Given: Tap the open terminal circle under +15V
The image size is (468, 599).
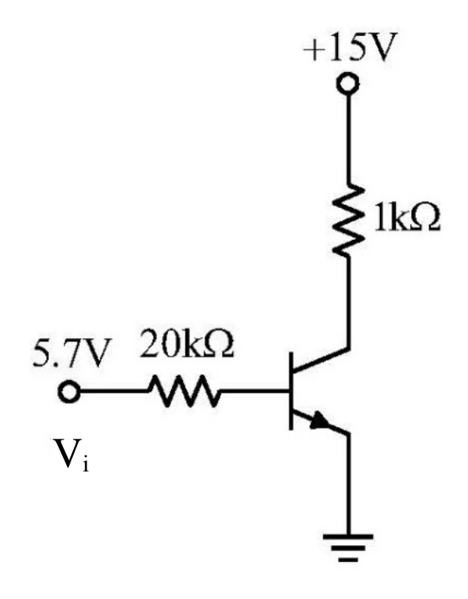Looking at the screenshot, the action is coord(348,83).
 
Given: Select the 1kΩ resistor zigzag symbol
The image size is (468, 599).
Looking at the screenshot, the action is coord(348,220).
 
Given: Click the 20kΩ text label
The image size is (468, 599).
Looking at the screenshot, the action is coord(186,345).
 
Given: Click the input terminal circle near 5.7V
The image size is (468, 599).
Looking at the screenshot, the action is coord(69,392).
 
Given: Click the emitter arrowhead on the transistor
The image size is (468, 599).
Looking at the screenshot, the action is coord(320,421).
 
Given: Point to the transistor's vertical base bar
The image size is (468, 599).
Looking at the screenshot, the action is coord(291,391).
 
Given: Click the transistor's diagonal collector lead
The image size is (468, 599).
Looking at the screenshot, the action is coord(321,359).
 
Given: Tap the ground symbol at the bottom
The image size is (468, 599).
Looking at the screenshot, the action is coord(348,548).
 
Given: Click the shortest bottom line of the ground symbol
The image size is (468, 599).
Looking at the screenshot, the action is coord(348,560).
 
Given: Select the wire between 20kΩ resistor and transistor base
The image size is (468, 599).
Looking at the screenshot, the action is coord(254,391).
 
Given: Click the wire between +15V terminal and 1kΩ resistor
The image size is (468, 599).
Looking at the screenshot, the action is coord(348,138).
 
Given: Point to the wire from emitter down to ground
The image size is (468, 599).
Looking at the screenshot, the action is coord(348,484).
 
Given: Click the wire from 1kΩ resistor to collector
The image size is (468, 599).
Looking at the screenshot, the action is coord(348,303).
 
